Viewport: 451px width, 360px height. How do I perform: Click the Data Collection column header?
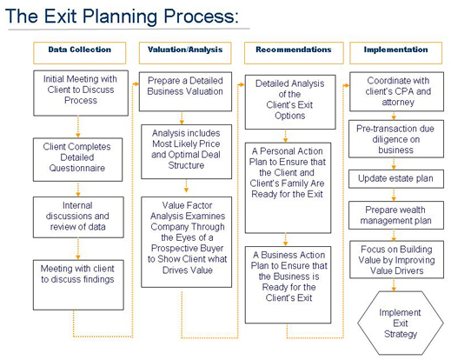tap(80, 53)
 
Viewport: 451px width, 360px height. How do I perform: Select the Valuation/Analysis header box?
tap(185, 53)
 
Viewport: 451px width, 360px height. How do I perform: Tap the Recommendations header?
tap(294, 53)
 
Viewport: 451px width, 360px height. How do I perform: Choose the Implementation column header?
tap(396, 53)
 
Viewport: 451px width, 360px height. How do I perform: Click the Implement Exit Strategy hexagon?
tap(401, 323)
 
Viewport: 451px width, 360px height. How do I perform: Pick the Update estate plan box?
tap(396, 179)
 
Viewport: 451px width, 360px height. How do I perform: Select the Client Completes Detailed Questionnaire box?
tap(77, 160)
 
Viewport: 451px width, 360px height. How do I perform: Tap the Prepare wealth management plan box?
tap(396, 216)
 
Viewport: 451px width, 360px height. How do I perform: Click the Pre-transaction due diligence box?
tap(396, 139)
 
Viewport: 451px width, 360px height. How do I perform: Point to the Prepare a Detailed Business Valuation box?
tap(185, 91)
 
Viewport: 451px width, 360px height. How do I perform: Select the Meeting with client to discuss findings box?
tap(78, 285)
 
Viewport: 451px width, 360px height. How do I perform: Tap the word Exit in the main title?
tap(61, 16)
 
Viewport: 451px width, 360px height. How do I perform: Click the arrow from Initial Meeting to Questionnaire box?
tap(78, 127)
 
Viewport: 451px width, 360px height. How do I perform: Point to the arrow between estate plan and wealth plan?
tap(394, 195)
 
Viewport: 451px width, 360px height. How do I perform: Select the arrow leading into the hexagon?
tap(394, 285)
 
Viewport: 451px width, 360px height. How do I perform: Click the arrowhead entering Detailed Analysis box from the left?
tap(242, 84)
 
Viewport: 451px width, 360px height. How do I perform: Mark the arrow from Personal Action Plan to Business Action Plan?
tap(285, 240)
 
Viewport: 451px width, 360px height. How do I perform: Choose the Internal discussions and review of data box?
tap(78, 217)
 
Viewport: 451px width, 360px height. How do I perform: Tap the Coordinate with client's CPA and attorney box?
tap(396, 91)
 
